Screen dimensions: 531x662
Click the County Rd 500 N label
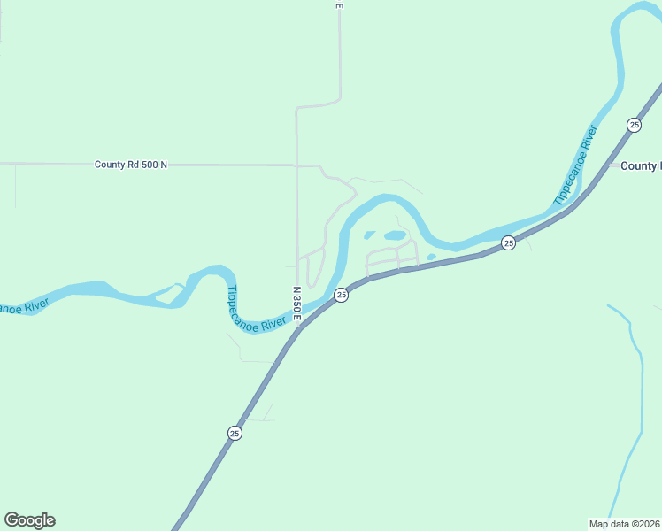coord(131,165)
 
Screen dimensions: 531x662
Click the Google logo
coord(29,520)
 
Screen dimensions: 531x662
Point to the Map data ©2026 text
coord(624,524)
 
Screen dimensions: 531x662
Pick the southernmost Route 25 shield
coord(234,433)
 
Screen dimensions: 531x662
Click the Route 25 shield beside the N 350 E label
coord(341,295)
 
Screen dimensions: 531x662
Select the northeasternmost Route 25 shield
coord(634,125)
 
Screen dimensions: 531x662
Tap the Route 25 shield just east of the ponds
coord(508,242)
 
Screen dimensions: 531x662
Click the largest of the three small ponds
coord(395,235)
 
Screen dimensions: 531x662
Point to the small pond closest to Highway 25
coord(430,258)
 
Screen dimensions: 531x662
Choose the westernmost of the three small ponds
coord(369,235)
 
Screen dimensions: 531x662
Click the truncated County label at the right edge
coord(640,165)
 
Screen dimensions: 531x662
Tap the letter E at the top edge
coord(339,5)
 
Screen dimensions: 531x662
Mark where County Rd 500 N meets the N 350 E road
coord(296,165)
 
